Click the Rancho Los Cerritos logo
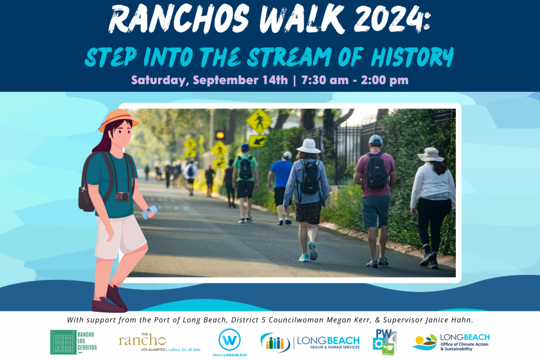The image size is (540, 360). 73,342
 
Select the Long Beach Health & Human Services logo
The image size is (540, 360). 310,342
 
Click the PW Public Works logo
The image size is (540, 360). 385,342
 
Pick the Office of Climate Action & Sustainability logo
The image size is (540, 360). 451,342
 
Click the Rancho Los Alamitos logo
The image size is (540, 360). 160,342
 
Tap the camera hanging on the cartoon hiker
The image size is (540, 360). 122,197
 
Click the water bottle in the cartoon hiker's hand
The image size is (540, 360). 150,212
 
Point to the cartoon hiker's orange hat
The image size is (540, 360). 118,120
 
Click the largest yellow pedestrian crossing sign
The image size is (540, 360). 259,121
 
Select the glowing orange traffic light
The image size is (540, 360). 220,135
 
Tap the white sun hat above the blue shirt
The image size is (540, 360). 309,146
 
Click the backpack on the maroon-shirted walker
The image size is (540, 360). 376,171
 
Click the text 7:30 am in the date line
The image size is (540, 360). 325,80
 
